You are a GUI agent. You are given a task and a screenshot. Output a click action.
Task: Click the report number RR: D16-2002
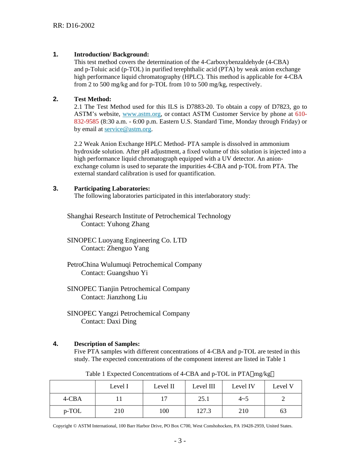tap(74, 25)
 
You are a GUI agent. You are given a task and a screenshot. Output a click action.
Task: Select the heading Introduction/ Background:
tap(111, 55)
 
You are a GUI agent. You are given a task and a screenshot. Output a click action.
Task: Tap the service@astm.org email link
tap(128, 129)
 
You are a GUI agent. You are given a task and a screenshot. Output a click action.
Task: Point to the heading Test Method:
tap(92, 99)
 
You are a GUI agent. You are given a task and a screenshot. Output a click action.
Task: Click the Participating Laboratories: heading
tap(112, 189)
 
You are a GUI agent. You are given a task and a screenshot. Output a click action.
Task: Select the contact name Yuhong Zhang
tap(128, 224)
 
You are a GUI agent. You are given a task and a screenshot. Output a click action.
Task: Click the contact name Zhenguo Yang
tap(128, 249)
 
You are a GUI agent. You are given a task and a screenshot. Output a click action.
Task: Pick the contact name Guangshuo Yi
tap(127, 273)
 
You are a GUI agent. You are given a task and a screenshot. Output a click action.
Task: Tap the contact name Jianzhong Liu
tap(127, 297)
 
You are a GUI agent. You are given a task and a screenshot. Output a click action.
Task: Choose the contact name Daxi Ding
tap(122, 322)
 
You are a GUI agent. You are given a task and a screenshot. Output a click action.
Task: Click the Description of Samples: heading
tap(107, 344)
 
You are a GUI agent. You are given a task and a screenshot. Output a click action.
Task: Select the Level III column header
tap(203, 386)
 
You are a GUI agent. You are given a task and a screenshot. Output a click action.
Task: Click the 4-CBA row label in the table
tap(72, 399)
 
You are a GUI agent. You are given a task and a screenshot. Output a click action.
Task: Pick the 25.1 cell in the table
tap(203, 399)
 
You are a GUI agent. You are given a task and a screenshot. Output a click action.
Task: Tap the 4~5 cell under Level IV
tap(243, 399)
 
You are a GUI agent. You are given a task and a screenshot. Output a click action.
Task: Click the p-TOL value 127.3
tap(203, 411)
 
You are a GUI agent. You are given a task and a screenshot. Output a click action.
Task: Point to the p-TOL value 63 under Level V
tap(283, 411)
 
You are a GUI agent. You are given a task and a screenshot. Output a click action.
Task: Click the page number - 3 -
tap(180, 441)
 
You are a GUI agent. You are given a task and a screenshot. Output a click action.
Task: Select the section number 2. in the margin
tap(56, 99)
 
